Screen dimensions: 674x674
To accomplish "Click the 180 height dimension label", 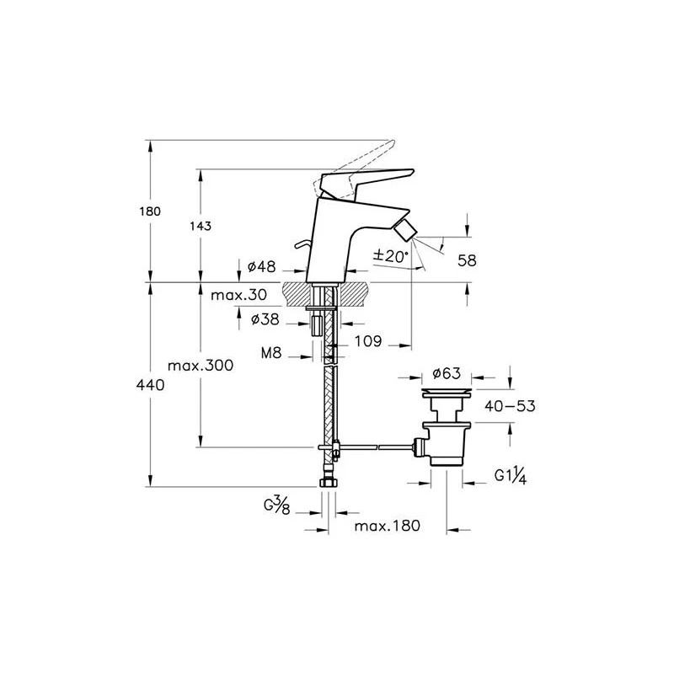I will point(151,211).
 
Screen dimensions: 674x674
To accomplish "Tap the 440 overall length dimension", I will point(151,384).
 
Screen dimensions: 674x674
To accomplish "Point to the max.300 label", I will point(200,366).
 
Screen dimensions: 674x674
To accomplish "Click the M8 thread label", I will point(270,355).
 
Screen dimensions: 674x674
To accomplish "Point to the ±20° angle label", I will point(391,255).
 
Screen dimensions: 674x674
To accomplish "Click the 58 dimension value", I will point(466,261).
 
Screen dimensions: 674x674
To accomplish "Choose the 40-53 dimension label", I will point(510,406).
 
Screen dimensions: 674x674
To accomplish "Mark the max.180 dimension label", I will point(387,526).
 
